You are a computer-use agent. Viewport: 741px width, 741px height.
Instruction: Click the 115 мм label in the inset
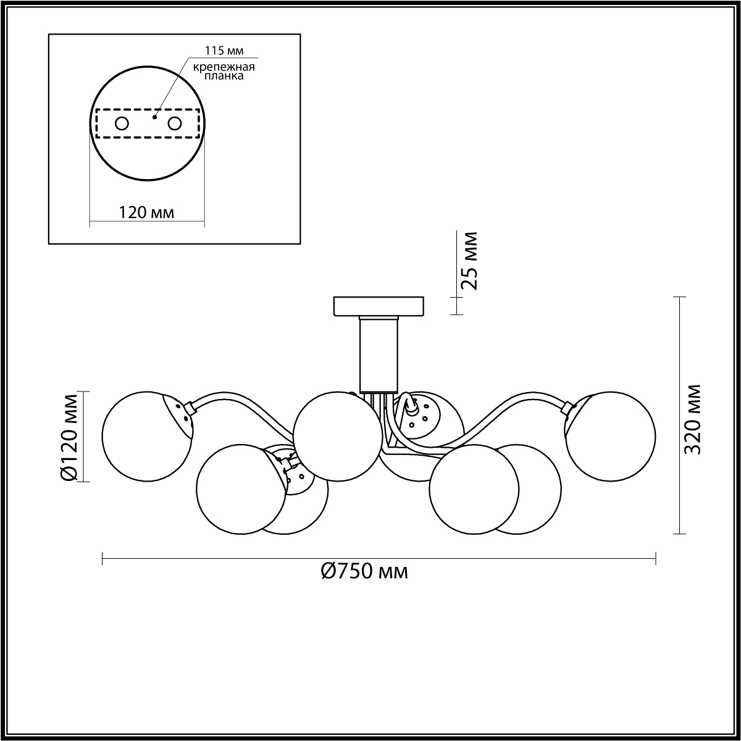224,51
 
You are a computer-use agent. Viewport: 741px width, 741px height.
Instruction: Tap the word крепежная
224,67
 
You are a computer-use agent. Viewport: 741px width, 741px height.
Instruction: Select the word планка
224,76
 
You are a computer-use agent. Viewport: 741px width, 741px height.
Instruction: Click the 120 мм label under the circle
146,212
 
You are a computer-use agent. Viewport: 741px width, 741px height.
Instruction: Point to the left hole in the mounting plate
122,124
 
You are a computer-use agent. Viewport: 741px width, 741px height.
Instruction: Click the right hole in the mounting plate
174,124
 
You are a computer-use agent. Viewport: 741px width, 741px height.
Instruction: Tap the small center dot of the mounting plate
154,117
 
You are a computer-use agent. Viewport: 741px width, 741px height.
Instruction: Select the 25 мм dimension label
469,261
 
